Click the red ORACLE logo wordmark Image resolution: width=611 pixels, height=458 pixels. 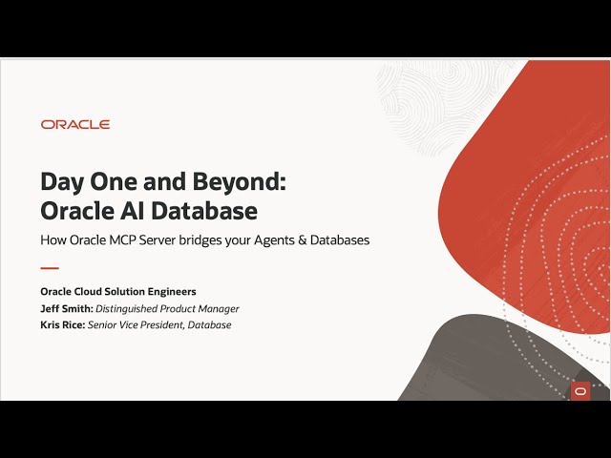75,125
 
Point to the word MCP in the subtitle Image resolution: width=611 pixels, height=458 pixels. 134,240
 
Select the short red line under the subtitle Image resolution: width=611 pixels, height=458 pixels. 50,268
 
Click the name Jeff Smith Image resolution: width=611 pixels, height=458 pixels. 66,308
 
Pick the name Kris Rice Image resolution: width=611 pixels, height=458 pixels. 62,324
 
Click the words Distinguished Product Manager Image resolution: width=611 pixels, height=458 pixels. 167,308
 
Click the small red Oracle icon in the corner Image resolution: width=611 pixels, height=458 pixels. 580,390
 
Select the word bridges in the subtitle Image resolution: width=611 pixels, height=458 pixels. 217,240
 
